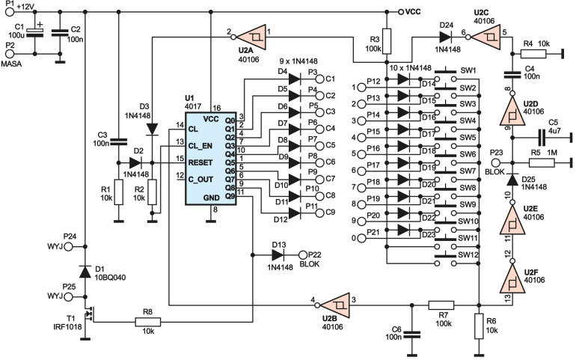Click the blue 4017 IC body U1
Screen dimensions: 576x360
click(210, 159)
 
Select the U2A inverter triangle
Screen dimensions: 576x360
click(251, 37)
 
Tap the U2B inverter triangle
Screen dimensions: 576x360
click(335, 305)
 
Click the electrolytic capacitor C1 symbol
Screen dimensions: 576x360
click(35, 33)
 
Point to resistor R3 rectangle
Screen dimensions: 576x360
click(387, 40)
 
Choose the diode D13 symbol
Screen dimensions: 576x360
click(278, 254)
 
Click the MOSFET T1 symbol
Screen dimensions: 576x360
click(88, 314)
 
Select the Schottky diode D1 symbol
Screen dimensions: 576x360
click(85, 272)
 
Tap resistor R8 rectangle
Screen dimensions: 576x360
click(147, 322)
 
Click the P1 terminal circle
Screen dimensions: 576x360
click(10, 12)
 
